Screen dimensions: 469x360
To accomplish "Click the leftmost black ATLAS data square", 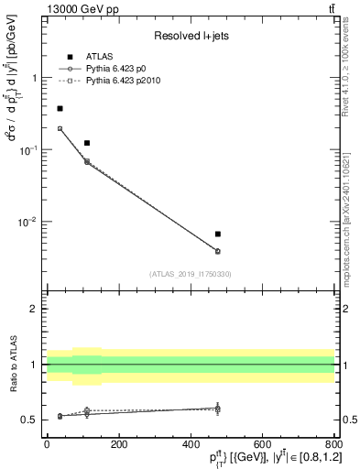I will pos(60,108).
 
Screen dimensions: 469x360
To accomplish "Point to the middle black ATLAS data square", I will pos(87,143).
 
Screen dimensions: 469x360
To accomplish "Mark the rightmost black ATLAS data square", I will pos(217,234).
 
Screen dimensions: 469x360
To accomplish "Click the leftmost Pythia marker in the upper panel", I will pos(60,128).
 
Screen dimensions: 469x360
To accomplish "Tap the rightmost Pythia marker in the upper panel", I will pos(217,251).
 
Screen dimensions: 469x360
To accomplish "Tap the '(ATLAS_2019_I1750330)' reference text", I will pos(190,273).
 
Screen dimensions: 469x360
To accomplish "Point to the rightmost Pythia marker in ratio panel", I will pos(217,408).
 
